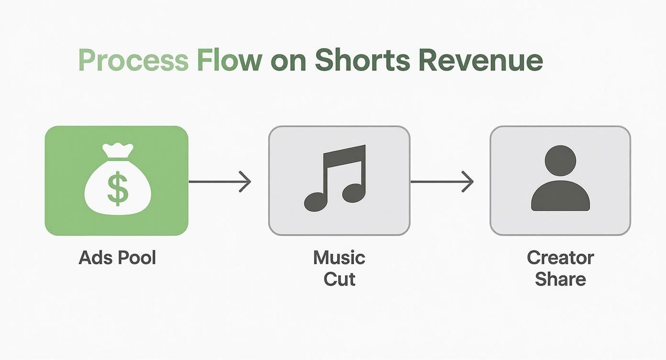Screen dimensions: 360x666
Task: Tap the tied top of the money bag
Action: [x=117, y=152]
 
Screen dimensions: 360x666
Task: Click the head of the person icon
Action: [x=560, y=161]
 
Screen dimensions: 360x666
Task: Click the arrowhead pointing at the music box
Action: [x=246, y=182]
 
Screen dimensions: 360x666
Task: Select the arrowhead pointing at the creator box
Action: [x=468, y=182]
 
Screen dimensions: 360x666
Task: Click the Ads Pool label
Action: [x=117, y=258]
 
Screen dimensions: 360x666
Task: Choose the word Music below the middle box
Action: [x=339, y=258]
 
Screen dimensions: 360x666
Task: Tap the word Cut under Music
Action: [x=339, y=279]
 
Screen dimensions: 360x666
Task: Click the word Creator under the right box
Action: [x=560, y=258]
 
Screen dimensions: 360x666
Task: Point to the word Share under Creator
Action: [x=560, y=279]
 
